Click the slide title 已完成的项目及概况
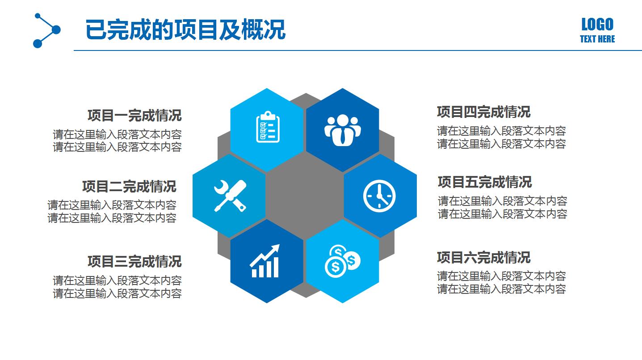tap(185, 29)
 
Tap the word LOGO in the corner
tap(597, 24)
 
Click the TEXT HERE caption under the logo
tap(597, 39)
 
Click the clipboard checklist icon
tap(268, 127)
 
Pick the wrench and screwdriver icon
tap(230, 195)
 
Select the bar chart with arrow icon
tap(265, 262)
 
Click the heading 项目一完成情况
tap(134, 115)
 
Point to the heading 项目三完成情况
tap(134, 261)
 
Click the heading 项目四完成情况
tap(483, 112)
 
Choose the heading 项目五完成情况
tap(485, 182)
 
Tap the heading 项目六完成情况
tap(483, 257)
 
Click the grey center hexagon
tap(305, 195)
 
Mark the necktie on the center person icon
tap(342, 136)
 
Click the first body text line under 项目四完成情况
tap(501, 131)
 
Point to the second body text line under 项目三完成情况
tap(117, 293)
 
